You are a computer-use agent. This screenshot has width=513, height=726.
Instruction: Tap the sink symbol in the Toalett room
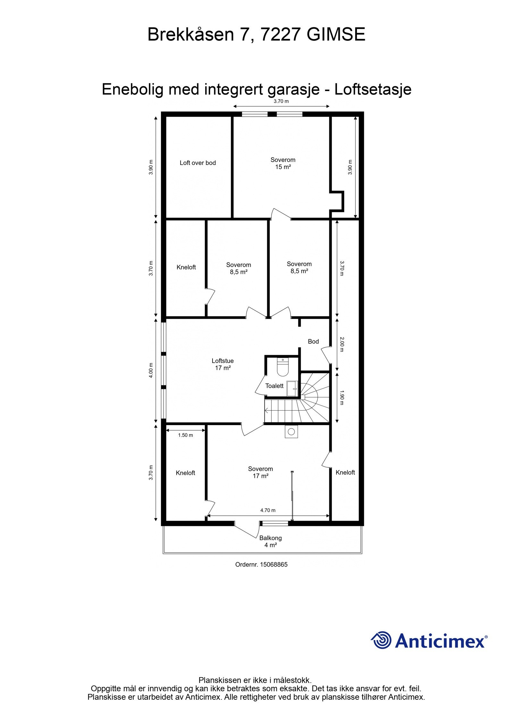[x=292, y=389]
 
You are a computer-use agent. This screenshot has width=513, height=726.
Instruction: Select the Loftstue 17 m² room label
[x=223, y=364]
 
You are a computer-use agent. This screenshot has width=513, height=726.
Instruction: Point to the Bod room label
[x=313, y=341]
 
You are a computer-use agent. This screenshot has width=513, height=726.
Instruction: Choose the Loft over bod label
[x=198, y=163]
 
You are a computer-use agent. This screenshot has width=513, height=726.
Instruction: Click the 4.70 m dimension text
[x=268, y=510]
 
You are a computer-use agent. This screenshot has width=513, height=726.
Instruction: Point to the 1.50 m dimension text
[x=185, y=435]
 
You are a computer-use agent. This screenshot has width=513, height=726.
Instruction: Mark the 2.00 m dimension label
[x=342, y=344]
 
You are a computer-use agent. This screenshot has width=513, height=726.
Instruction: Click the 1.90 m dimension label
[x=342, y=397]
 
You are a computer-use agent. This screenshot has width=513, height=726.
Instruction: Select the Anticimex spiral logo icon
[x=381, y=640]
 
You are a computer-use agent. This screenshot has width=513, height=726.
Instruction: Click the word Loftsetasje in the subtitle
[x=373, y=90]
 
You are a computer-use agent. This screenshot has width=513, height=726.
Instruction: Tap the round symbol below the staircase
[x=291, y=432]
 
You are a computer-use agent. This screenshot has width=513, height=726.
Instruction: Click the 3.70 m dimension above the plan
[x=281, y=102]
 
